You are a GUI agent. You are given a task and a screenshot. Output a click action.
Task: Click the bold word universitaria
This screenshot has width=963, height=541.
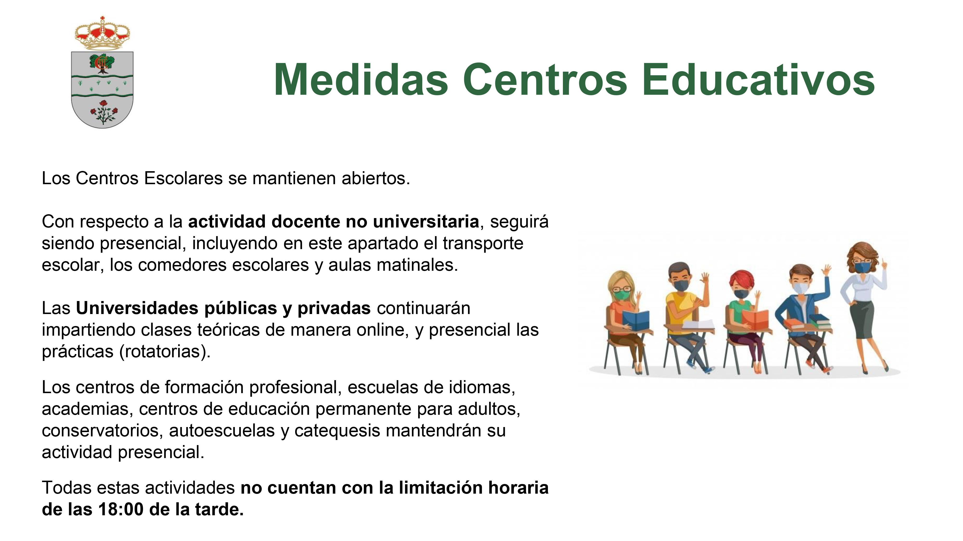point(426,221)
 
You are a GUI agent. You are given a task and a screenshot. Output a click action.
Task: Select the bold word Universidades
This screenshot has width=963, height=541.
point(137,308)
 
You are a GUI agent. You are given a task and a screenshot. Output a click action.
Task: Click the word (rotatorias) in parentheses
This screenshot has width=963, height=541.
point(165,352)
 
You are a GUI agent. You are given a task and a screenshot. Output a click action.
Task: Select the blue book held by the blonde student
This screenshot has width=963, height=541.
point(636,320)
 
